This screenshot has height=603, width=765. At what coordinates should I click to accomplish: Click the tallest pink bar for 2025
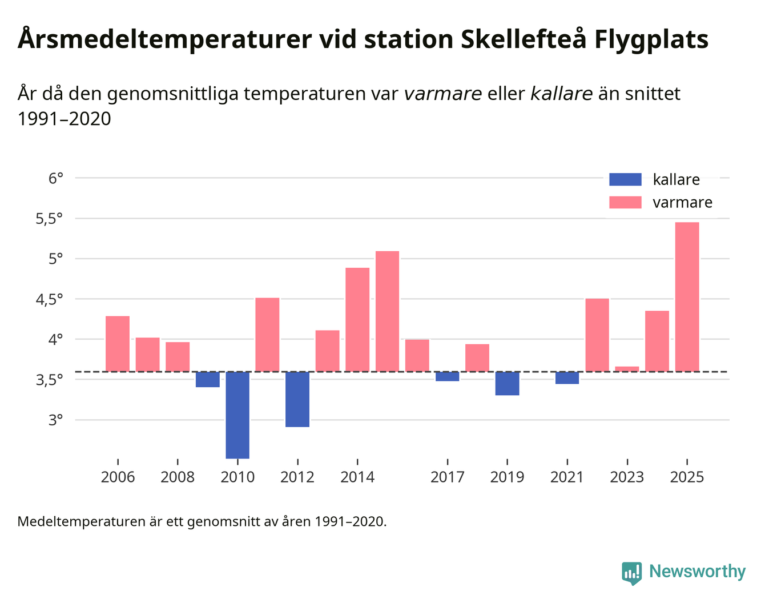(687, 297)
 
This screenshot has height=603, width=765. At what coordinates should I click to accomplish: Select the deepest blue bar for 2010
(237, 415)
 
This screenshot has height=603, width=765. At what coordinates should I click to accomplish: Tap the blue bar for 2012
(297, 399)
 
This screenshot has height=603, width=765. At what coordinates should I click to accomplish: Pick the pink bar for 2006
(118, 344)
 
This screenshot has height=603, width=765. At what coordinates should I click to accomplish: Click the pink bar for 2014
(357, 320)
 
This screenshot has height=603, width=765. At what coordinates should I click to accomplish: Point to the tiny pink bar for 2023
(627, 369)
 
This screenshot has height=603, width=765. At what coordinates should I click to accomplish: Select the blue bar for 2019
(507, 383)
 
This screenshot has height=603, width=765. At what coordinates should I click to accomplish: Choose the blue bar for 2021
(567, 377)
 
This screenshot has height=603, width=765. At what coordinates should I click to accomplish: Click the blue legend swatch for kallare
(625, 179)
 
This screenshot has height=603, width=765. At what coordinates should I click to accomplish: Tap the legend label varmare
(682, 203)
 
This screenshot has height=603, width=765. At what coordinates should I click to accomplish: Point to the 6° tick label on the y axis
(55, 179)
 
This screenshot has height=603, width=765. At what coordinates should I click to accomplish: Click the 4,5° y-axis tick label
(49, 299)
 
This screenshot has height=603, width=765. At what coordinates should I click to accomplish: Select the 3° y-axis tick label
(55, 420)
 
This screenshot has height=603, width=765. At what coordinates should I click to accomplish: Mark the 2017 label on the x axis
(447, 477)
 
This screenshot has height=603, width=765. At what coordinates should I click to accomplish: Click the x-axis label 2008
(178, 477)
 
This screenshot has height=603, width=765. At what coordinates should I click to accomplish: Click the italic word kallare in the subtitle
(561, 94)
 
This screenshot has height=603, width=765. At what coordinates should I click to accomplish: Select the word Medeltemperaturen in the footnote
(81, 521)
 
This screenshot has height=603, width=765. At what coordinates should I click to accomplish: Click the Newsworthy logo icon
(631, 572)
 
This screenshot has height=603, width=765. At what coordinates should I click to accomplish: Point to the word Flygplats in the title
(651, 40)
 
